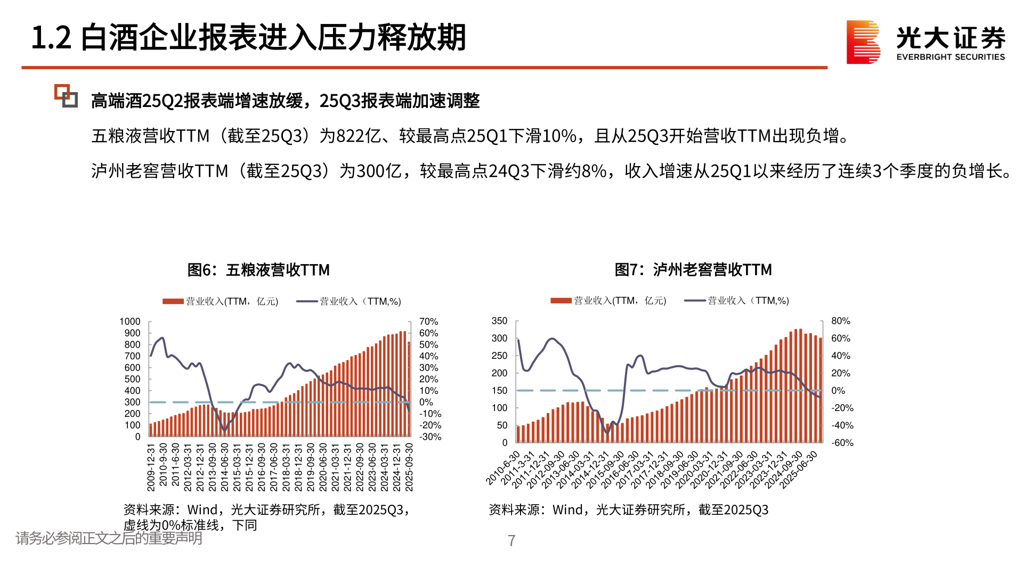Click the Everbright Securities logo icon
pyautogui.click(x=863, y=42)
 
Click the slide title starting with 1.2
pyautogui.click(x=248, y=38)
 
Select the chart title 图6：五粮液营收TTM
pyautogui.click(x=258, y=270)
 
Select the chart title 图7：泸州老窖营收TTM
pyautogui.click(x=693, y=269)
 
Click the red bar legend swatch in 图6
pyautogui.click(x=173, y=301)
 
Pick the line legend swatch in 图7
pyautogui.click(x=695, y=301)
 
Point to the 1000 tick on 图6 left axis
pyautogui.click(x=130, y=322)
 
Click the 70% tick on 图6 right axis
pyautogui.click(x=428, y=322)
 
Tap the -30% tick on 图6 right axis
pyautogui.click(x=430, y=437)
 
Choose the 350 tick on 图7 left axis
pyautogui.click(x=499, y=321)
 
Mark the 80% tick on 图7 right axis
pyautogui.click(x=840, y=321)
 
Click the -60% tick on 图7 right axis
pyautogui.click(x=842, y=443)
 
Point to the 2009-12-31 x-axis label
pyautogui.click(x=151, y=467)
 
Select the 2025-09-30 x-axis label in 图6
pyautogui.click(x=409, y=467)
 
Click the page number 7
pyautogui.click(x=511, y=541)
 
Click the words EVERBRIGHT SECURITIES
pyautogui.click(x=951, y=57)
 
